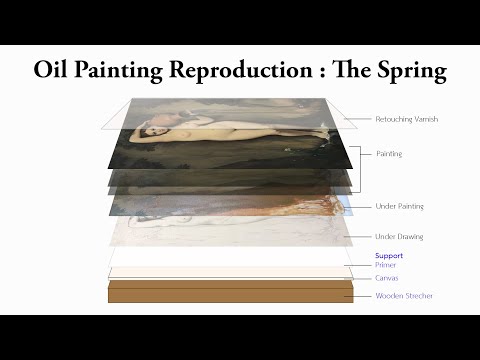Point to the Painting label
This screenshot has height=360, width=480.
[389, 154]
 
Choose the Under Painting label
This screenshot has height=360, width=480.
[399, 206]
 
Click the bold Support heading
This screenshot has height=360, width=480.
[388, 256]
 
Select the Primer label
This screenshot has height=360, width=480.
[385, 265]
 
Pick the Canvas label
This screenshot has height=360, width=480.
[386, 278]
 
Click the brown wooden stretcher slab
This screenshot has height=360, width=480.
[229, 292]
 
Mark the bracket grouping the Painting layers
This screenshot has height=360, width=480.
[359, 155]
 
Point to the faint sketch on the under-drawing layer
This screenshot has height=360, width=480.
[220, 232]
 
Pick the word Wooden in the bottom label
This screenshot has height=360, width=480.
[389, 296]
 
